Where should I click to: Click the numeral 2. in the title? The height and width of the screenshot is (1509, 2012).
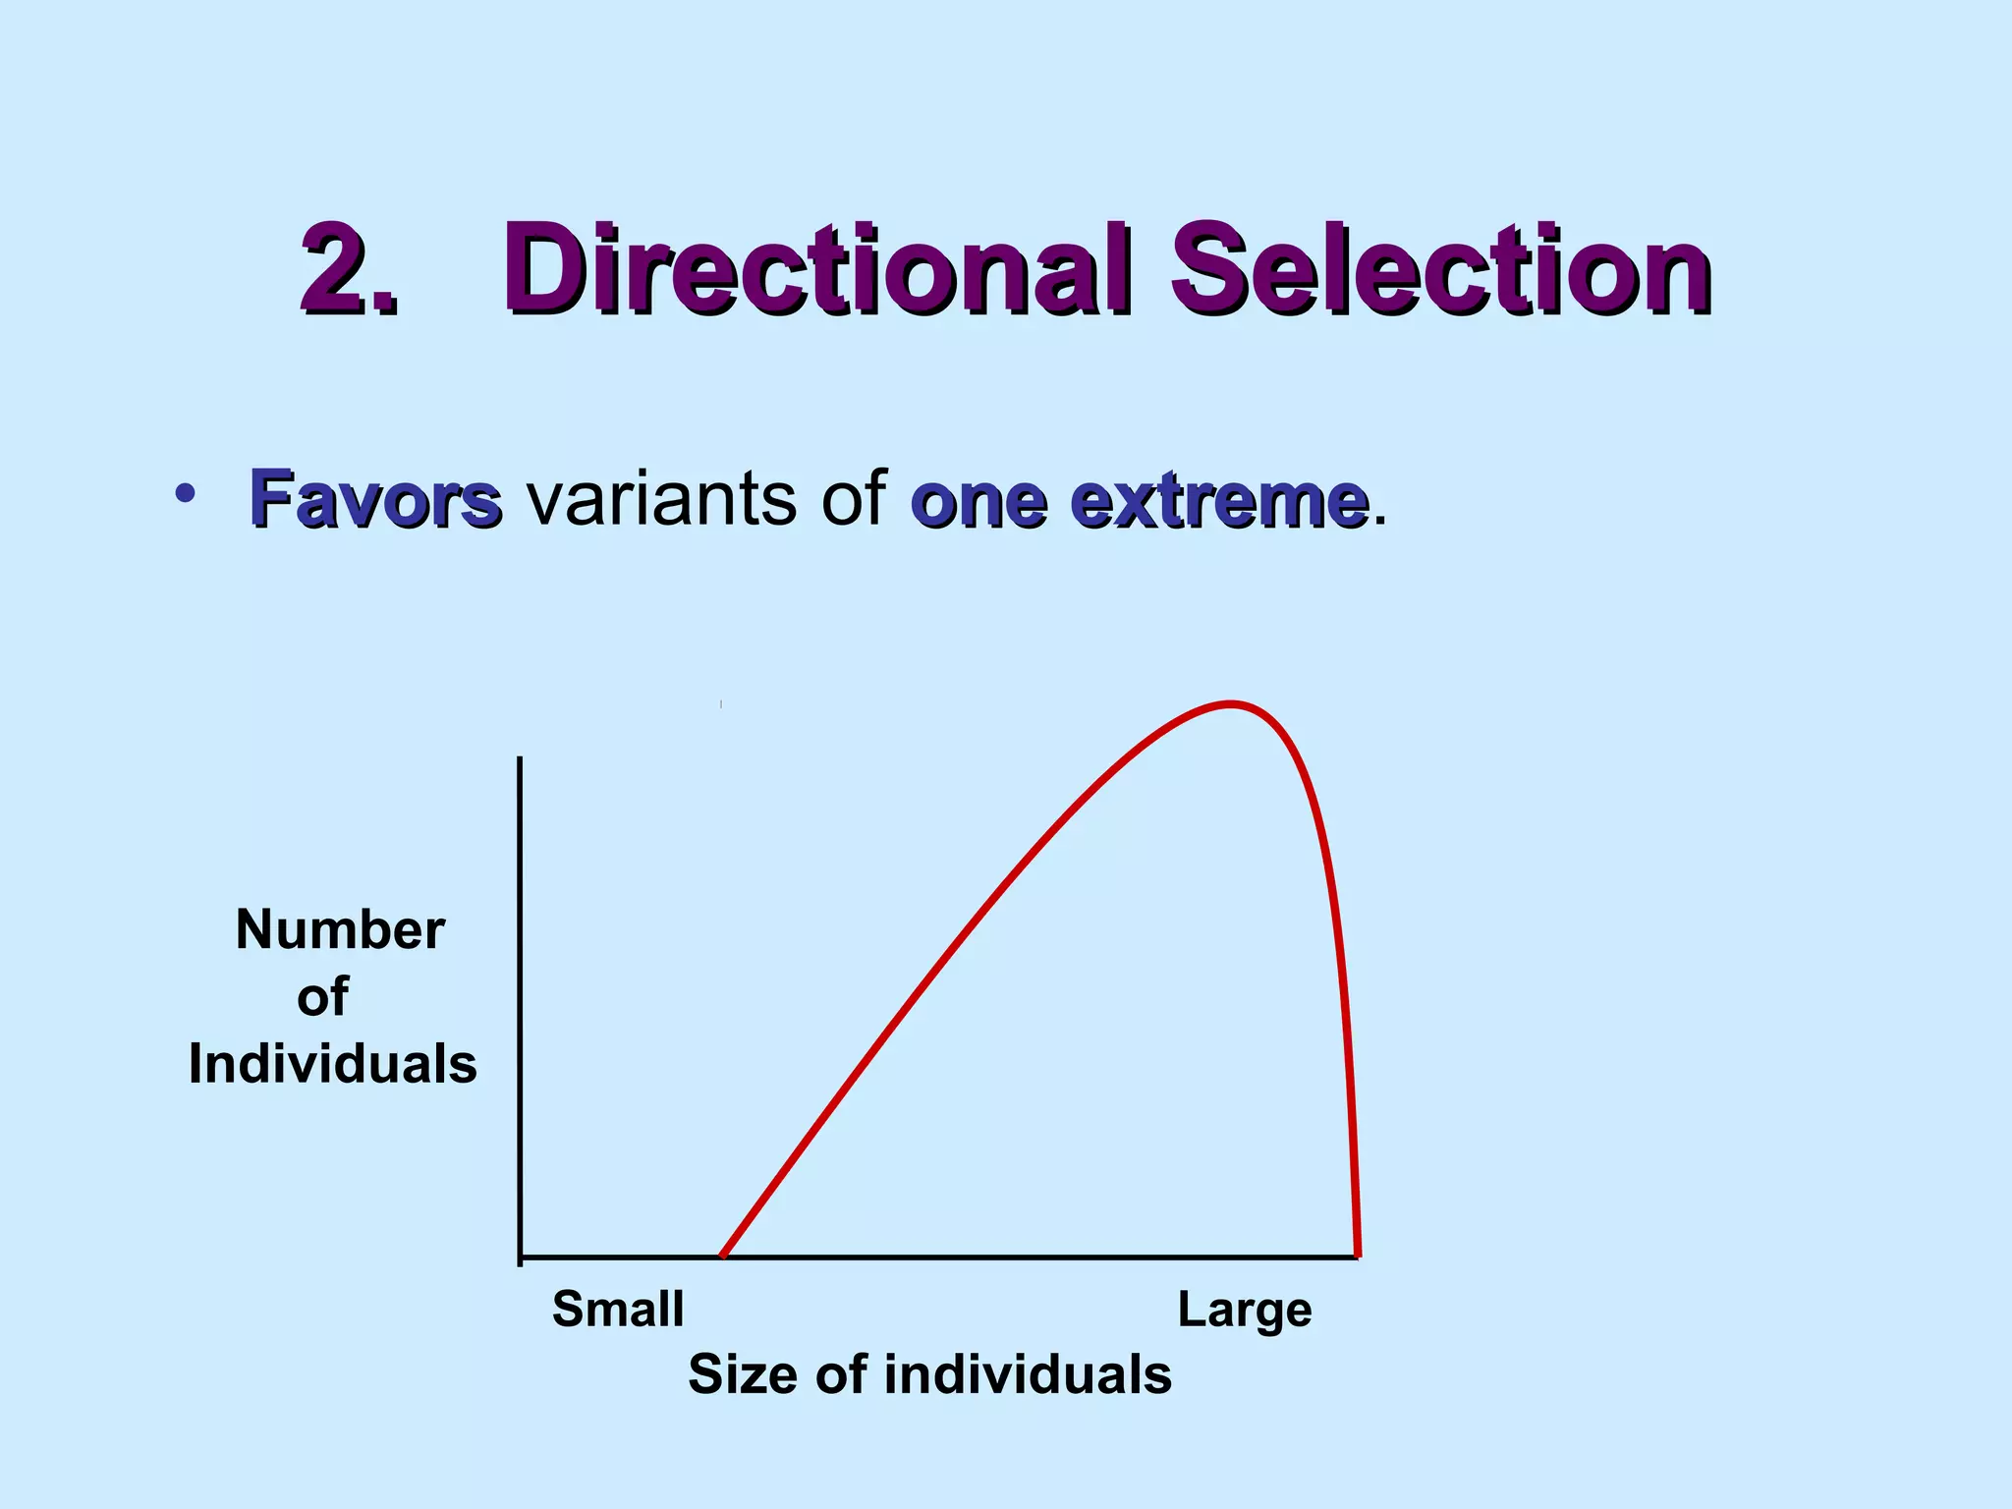click(350, 269)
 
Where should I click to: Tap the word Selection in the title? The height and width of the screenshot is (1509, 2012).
click(1439, 269)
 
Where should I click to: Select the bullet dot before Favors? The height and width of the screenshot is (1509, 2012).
click(183, 494)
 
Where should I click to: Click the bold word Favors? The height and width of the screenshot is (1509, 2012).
click(375, 499)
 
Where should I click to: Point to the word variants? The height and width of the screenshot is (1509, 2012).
click(661, 499)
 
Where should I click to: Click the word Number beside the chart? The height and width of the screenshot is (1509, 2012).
click(340, 929)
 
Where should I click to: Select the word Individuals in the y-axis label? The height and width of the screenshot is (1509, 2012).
click(332, 1064)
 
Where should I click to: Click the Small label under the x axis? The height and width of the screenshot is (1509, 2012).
click(618, 1310)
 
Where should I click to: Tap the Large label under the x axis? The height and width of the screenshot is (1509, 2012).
click(1245, 1311)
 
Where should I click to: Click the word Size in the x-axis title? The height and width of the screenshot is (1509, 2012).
click(747, 1373)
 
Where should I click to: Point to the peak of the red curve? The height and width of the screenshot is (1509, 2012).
click(1231, 703)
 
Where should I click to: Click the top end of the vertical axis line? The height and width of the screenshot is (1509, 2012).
click(520, 759)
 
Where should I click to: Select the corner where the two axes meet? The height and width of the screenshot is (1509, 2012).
click(520, 1257)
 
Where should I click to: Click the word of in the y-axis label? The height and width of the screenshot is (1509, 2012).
click(322, 997)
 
